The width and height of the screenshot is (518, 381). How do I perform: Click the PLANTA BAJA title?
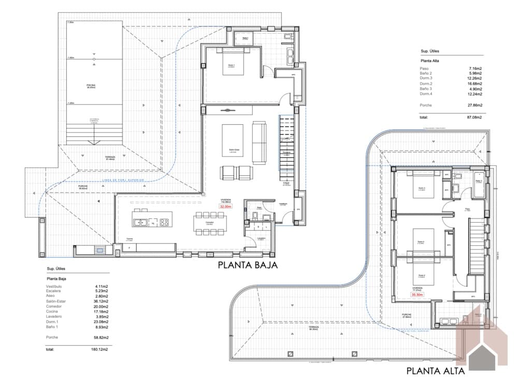pyautogui.click(x=248, y=265)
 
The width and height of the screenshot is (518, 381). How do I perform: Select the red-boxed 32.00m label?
pyautogui.click(x=225, y=206)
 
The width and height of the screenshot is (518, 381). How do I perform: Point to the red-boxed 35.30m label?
pyautogui.click(x=417, y=295)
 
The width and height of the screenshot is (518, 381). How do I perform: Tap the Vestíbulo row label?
pyautogui.click(x=54, y=286)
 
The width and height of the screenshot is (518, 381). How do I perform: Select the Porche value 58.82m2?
pyautogui.click(x=102, y=337)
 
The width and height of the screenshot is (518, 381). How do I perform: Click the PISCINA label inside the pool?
pyautogui.click(x=91, y=85)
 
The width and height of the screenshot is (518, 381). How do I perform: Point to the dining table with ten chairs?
pyautogui.click(x=209, y=224)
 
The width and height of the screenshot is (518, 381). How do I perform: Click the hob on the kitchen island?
pyautogui.click(x=165, y=223)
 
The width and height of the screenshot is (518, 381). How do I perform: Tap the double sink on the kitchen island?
pyautogui.click(x=140, y=223)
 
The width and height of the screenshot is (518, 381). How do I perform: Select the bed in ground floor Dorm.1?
pyautogui.click(x=232, y=62)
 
